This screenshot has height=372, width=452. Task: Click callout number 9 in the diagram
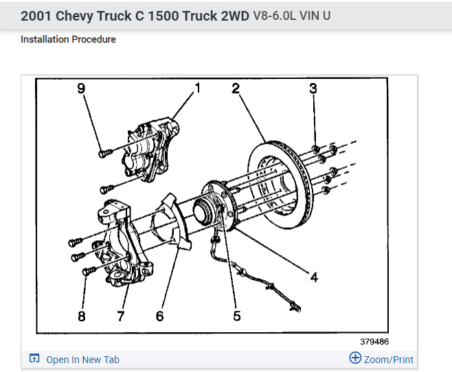click(x=81, y=89)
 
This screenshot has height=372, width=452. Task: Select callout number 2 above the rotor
click(x=235, y=89)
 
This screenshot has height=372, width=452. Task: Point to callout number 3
click(x=313, y=89)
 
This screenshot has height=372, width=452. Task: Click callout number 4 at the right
click(x=313, y=277)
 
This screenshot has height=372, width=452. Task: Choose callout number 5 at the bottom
click(x=236, y=316)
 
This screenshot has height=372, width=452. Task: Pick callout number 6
click(x=159, y=316)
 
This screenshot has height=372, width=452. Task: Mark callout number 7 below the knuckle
click(x=121, y=316)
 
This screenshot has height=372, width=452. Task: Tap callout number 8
click(x=82, y=316)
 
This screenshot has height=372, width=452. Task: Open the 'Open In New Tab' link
click(x=82, y=360)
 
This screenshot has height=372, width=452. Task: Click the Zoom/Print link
click(x=389, y=360)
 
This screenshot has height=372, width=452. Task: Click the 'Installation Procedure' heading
click(x=68, y=39)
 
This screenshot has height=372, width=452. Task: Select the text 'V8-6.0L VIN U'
click(x=292, y=14)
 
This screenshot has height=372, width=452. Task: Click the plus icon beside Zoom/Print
click(x=355, y=358)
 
